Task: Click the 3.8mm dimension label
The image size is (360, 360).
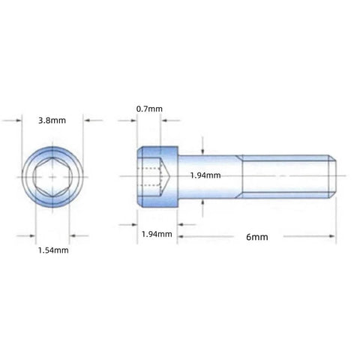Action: coord(52,121)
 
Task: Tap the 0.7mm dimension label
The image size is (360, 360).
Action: coord(149,109)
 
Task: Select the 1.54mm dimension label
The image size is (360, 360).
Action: coord(53,250)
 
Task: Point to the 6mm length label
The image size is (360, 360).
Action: coord(257,237)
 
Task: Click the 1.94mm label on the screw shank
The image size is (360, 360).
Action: coord(205,175)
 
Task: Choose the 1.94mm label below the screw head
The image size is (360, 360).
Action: coord(157,234)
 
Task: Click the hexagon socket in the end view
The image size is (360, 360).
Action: coord(52,177)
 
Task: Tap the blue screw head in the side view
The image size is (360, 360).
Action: coord(157,177)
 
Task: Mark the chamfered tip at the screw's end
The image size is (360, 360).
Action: coord(332,176)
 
